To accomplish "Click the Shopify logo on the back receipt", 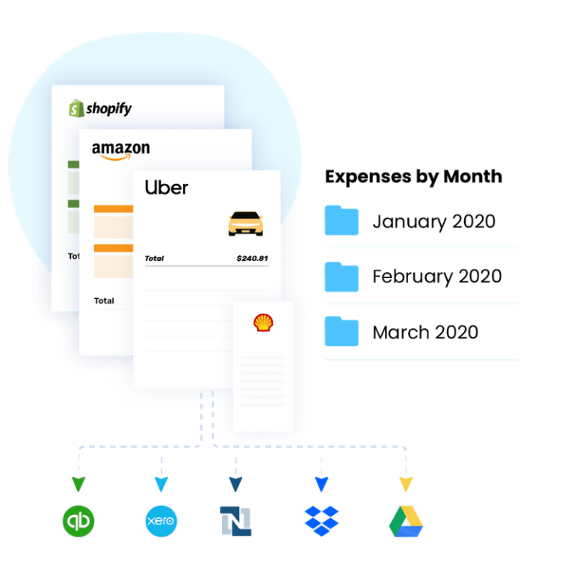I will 100,109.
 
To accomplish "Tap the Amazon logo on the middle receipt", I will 120,149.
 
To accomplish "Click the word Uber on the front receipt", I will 166,188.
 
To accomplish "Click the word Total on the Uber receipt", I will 155,259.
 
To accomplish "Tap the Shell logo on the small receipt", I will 262,323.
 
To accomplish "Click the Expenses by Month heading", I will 413,177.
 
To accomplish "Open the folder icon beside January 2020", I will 342,220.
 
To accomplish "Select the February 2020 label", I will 437,277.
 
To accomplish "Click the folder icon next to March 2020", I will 342,331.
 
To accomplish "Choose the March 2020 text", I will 425,332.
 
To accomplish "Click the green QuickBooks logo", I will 78,521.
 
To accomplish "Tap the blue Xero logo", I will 161,521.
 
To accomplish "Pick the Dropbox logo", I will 321,520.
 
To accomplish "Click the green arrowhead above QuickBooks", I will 78,484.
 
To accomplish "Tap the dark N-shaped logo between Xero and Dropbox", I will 235,521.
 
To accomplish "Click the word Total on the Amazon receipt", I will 104,300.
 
